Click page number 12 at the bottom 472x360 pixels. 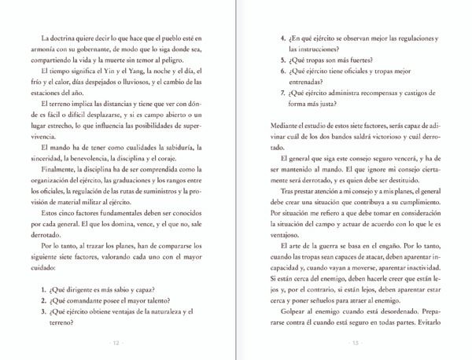pos(116,343)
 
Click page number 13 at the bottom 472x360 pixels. pos(355,343)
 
